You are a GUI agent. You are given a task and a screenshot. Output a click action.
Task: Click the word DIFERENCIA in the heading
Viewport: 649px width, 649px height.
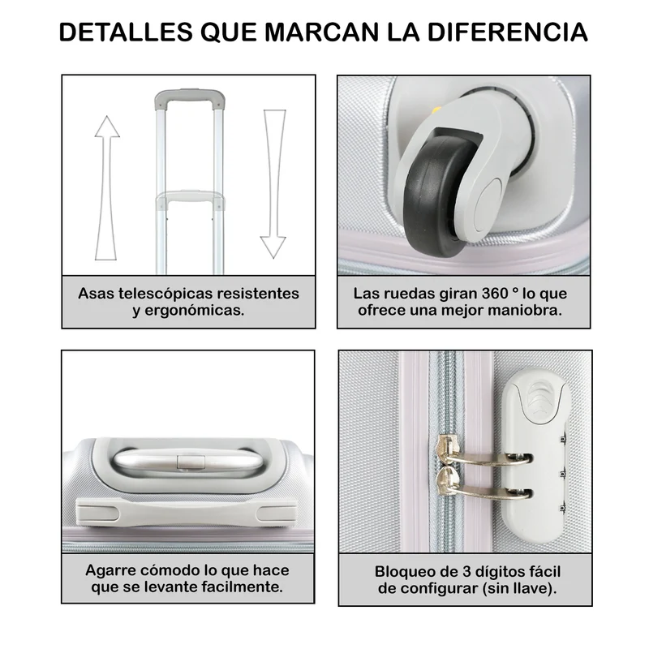tap(508, 32)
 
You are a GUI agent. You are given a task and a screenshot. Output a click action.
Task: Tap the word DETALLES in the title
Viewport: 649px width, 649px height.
tap(126, 32)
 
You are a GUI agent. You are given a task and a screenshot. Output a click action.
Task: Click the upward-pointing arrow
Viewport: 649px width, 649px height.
tap(107, 188)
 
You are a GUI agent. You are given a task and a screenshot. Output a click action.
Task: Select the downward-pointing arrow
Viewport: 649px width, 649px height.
tap(273, 184)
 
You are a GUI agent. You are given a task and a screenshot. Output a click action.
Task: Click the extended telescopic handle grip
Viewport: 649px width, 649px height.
tap(190, 98)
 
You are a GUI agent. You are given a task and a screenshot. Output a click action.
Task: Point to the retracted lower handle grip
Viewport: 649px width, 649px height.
tap(191, 198)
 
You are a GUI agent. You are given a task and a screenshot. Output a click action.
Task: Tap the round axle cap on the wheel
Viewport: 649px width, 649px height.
tap(490, 206)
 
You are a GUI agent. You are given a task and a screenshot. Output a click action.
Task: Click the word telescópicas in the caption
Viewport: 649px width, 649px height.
tap(165, 294)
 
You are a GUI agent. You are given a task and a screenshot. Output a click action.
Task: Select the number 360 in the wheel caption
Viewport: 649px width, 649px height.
tap(495, 294)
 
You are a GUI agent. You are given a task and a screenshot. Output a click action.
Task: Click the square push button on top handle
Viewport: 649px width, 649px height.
tap(191, 462)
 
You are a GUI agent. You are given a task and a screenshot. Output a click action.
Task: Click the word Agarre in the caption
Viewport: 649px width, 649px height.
tap(110, 570)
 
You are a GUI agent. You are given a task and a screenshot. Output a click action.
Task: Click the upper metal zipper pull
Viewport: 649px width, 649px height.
tap(480, 453)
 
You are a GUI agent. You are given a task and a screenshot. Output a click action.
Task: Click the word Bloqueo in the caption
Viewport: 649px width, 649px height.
tap(402, 572)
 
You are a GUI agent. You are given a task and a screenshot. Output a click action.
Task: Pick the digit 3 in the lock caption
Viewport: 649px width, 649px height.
tap(466, 572)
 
